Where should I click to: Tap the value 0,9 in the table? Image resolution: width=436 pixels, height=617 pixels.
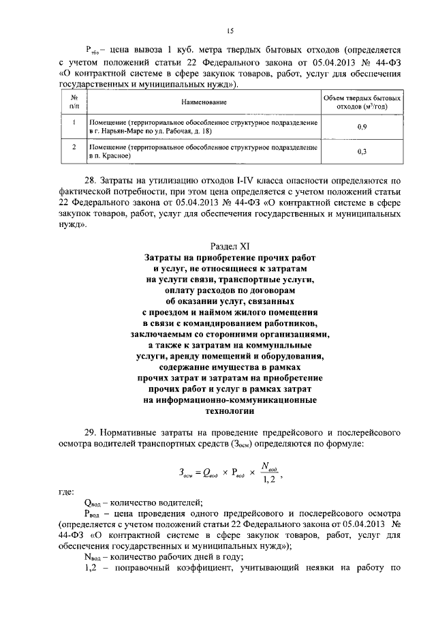pyautogui.click(x=362, y=127)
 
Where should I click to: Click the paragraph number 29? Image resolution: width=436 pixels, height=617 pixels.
pyautogui.click(x=89, y=433)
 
